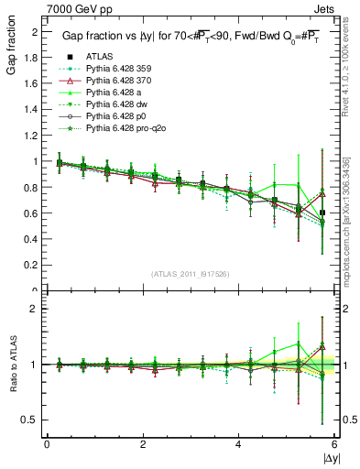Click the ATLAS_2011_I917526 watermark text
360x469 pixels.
tap(191, 274)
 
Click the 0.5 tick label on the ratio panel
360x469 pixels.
tap(32, 420)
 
